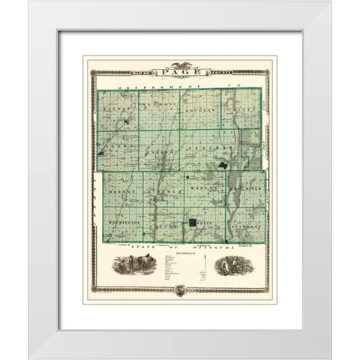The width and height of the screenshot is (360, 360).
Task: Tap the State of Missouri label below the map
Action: (180, 246)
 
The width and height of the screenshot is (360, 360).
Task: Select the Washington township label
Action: (121, 223)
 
